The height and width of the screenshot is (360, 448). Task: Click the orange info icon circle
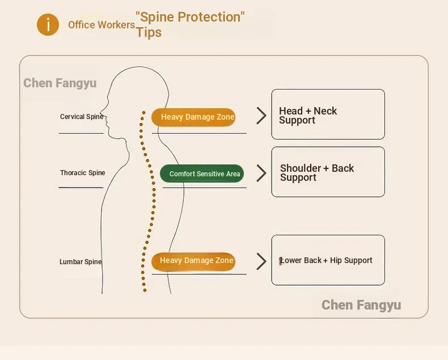click(48, 25)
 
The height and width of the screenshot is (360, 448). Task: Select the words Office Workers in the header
click(102, 25)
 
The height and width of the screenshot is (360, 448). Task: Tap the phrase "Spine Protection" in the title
click(190, 17)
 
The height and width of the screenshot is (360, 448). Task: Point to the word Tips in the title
click(149, 32)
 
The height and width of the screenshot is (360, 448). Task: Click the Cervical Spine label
click(82, 117)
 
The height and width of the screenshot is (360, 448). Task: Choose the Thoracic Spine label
click(83, 173)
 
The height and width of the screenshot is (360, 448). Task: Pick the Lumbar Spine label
click(81, 262)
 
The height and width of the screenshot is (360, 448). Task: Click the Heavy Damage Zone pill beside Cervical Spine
click(193, 117)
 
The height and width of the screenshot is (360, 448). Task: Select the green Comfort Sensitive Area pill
click(202, 174)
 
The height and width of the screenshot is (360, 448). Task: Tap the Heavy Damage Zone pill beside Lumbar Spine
click(193, 261)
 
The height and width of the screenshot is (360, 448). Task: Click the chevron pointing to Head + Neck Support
click(261, 116)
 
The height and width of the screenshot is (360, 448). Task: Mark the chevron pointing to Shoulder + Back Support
click(261, 173)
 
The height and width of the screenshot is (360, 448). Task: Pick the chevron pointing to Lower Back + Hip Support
click(261, 261)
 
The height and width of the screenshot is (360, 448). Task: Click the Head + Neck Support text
click(308, 116)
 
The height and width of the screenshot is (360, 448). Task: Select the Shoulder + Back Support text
click(316, 173)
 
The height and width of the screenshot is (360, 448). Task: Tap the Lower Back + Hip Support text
click(327, 261)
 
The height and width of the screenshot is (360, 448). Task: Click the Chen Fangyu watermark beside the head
click(60, 83)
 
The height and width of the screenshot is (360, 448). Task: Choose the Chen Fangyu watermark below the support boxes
click(361, 305)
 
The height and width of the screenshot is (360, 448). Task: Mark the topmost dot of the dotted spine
click(144, 112)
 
